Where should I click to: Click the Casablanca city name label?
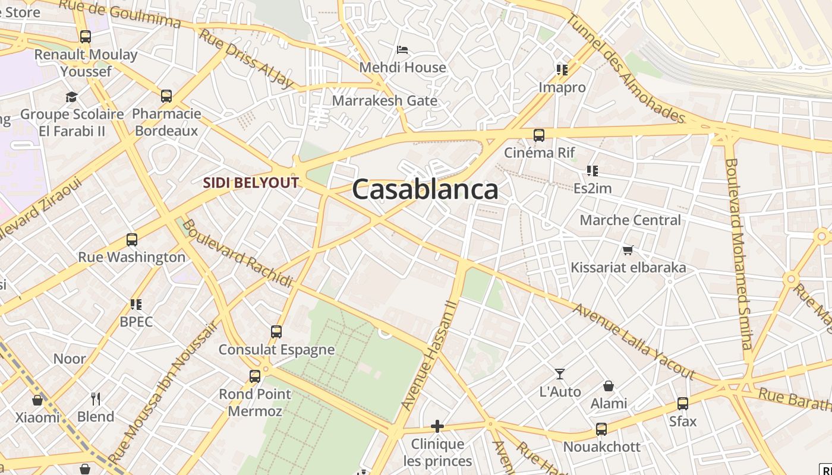(x=425, y=189)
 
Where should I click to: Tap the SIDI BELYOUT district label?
(x=251, y=183)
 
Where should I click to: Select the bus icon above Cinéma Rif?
(x=539, y=135)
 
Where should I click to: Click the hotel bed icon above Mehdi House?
(x=402, y=50)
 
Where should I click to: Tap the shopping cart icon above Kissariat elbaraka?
(x=628, y=250)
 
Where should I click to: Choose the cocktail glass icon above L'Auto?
(x=560, y=374)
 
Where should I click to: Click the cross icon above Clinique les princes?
(x=437, y=426)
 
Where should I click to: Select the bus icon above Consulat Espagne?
(x=276, y=332)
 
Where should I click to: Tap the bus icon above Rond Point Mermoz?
(x=255, y=376)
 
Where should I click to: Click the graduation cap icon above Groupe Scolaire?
(x=72, y=97)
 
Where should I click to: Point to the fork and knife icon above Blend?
(x=95, y=398)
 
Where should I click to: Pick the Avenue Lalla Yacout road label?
(x=634, y=341)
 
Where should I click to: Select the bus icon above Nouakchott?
(x=601, y=429)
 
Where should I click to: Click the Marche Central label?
(x=630, y=220)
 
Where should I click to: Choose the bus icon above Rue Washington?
(x=132, y=240)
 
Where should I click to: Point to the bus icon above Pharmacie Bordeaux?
(x=166, y=96)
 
